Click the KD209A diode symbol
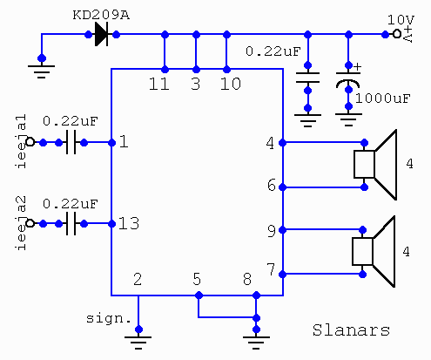[101, 35]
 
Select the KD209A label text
[101, 15]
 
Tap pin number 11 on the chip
[159, 84]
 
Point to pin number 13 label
[129, 223]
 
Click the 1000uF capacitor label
[383, 98]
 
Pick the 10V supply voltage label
[401, 19]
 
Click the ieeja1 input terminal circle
[30, 142]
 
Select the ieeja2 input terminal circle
[30, 223]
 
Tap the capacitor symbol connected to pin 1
[71, 142]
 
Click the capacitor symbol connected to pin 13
[71, 223]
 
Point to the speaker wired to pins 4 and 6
[375, 165]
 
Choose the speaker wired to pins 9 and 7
[374, 252]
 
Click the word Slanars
[351, 330]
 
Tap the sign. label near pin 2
[109, 319]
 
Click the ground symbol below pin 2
[138, 343]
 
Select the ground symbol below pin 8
[256, 343]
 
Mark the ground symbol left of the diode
[42, 71]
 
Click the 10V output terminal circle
[397, 34]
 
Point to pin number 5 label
[197, 279]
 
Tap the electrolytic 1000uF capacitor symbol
[348, 80]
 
